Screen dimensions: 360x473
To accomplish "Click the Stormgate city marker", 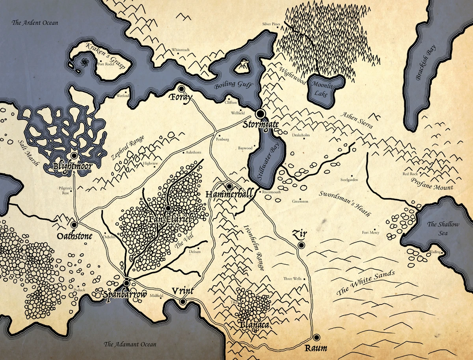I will (x=260, y=113).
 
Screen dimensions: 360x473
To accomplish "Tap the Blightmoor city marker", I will (x=74, y=156).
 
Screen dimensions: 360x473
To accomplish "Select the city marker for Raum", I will (x=317, y=337).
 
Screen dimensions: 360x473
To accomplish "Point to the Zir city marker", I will (x=301, y=245).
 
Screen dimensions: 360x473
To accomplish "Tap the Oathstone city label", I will (x=74, y=236).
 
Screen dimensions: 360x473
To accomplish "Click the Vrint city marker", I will (x=183, y=302).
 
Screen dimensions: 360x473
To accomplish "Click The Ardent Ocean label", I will (x=35, y=23).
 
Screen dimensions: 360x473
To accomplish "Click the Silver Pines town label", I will (x=271, y=24).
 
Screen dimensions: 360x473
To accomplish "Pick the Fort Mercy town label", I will (x=371, y=232).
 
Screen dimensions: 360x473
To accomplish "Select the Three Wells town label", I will (x=292, y=279).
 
